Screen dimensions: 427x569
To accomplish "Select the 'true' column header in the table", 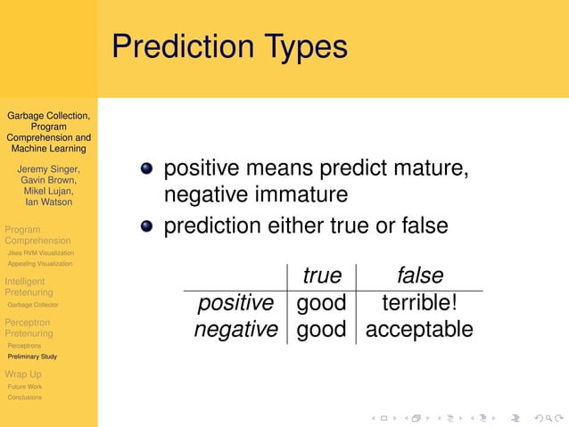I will (x=321, y=275).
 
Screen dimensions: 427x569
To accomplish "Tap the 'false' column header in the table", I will (x=419, y=275).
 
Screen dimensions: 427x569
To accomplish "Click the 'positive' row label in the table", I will (x=235, y=303).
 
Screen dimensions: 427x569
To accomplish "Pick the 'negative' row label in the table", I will (x=235, y=330).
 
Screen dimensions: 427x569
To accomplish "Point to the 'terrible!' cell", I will (x=419, y=303).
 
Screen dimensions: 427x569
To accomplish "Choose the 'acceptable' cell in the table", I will (x=419, y=330).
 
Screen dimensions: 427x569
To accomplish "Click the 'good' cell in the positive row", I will (x=321, y=303).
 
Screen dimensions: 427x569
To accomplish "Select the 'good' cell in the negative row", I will (x=321, y=330).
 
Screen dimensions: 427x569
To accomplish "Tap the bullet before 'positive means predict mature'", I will (x=146, y=168).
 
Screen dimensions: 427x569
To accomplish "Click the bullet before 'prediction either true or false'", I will (x=146, y=226).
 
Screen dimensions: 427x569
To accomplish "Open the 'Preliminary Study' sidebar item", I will (x=31, y=357).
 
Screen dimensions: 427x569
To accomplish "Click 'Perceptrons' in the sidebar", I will (x=23, y=345).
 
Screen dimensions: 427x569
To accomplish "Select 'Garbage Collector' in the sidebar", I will (x=33, y=305).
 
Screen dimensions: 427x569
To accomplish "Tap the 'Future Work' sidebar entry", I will (x=24, y=387).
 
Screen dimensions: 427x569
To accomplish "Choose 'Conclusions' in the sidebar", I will (x=24, y=398).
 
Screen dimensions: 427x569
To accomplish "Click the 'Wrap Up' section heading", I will (x=23, y=374).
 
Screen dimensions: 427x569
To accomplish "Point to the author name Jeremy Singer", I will (x=49, y=168).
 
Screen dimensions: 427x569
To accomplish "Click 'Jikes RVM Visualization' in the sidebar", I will (x=40, y=253).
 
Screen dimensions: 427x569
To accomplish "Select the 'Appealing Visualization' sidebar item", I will (x=40, y=264).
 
